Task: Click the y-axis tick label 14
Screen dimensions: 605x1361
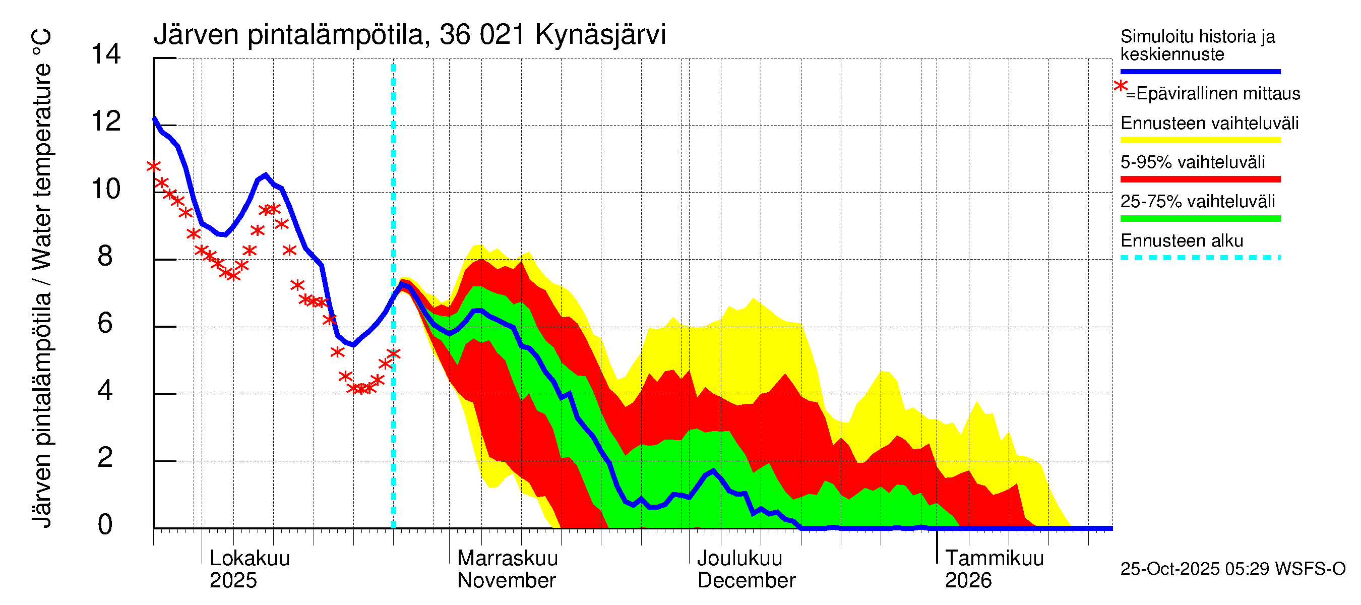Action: point(106,54)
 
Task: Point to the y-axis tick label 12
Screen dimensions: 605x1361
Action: point(106,122)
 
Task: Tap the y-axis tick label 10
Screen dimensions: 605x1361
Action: point(106,189)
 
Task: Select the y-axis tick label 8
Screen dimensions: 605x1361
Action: point(105,256)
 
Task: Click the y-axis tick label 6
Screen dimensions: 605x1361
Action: point(105,323)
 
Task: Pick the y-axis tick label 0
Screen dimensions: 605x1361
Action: point(105,525)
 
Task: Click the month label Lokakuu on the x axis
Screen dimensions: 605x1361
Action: point(250,558)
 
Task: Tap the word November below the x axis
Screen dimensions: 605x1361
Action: point(506,580)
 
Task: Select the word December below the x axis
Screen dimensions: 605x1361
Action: point(746,580)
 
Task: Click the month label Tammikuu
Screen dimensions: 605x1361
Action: point(994,558)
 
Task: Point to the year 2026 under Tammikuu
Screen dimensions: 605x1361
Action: point(968,580)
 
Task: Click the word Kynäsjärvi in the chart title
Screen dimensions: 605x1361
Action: point(600,35)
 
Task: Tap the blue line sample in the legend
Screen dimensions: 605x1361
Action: point(1200,71)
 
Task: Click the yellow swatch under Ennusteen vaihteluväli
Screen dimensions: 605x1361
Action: point(1200,140)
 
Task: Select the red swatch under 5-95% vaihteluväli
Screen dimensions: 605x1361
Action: point(1200,179)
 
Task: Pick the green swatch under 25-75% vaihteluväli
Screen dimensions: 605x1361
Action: point(1200,218)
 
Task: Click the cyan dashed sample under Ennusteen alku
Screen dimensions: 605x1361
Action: point(1200,258)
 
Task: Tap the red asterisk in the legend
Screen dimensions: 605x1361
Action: point(1120,86)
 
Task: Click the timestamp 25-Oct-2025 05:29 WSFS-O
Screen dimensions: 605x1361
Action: point(1232,569)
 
